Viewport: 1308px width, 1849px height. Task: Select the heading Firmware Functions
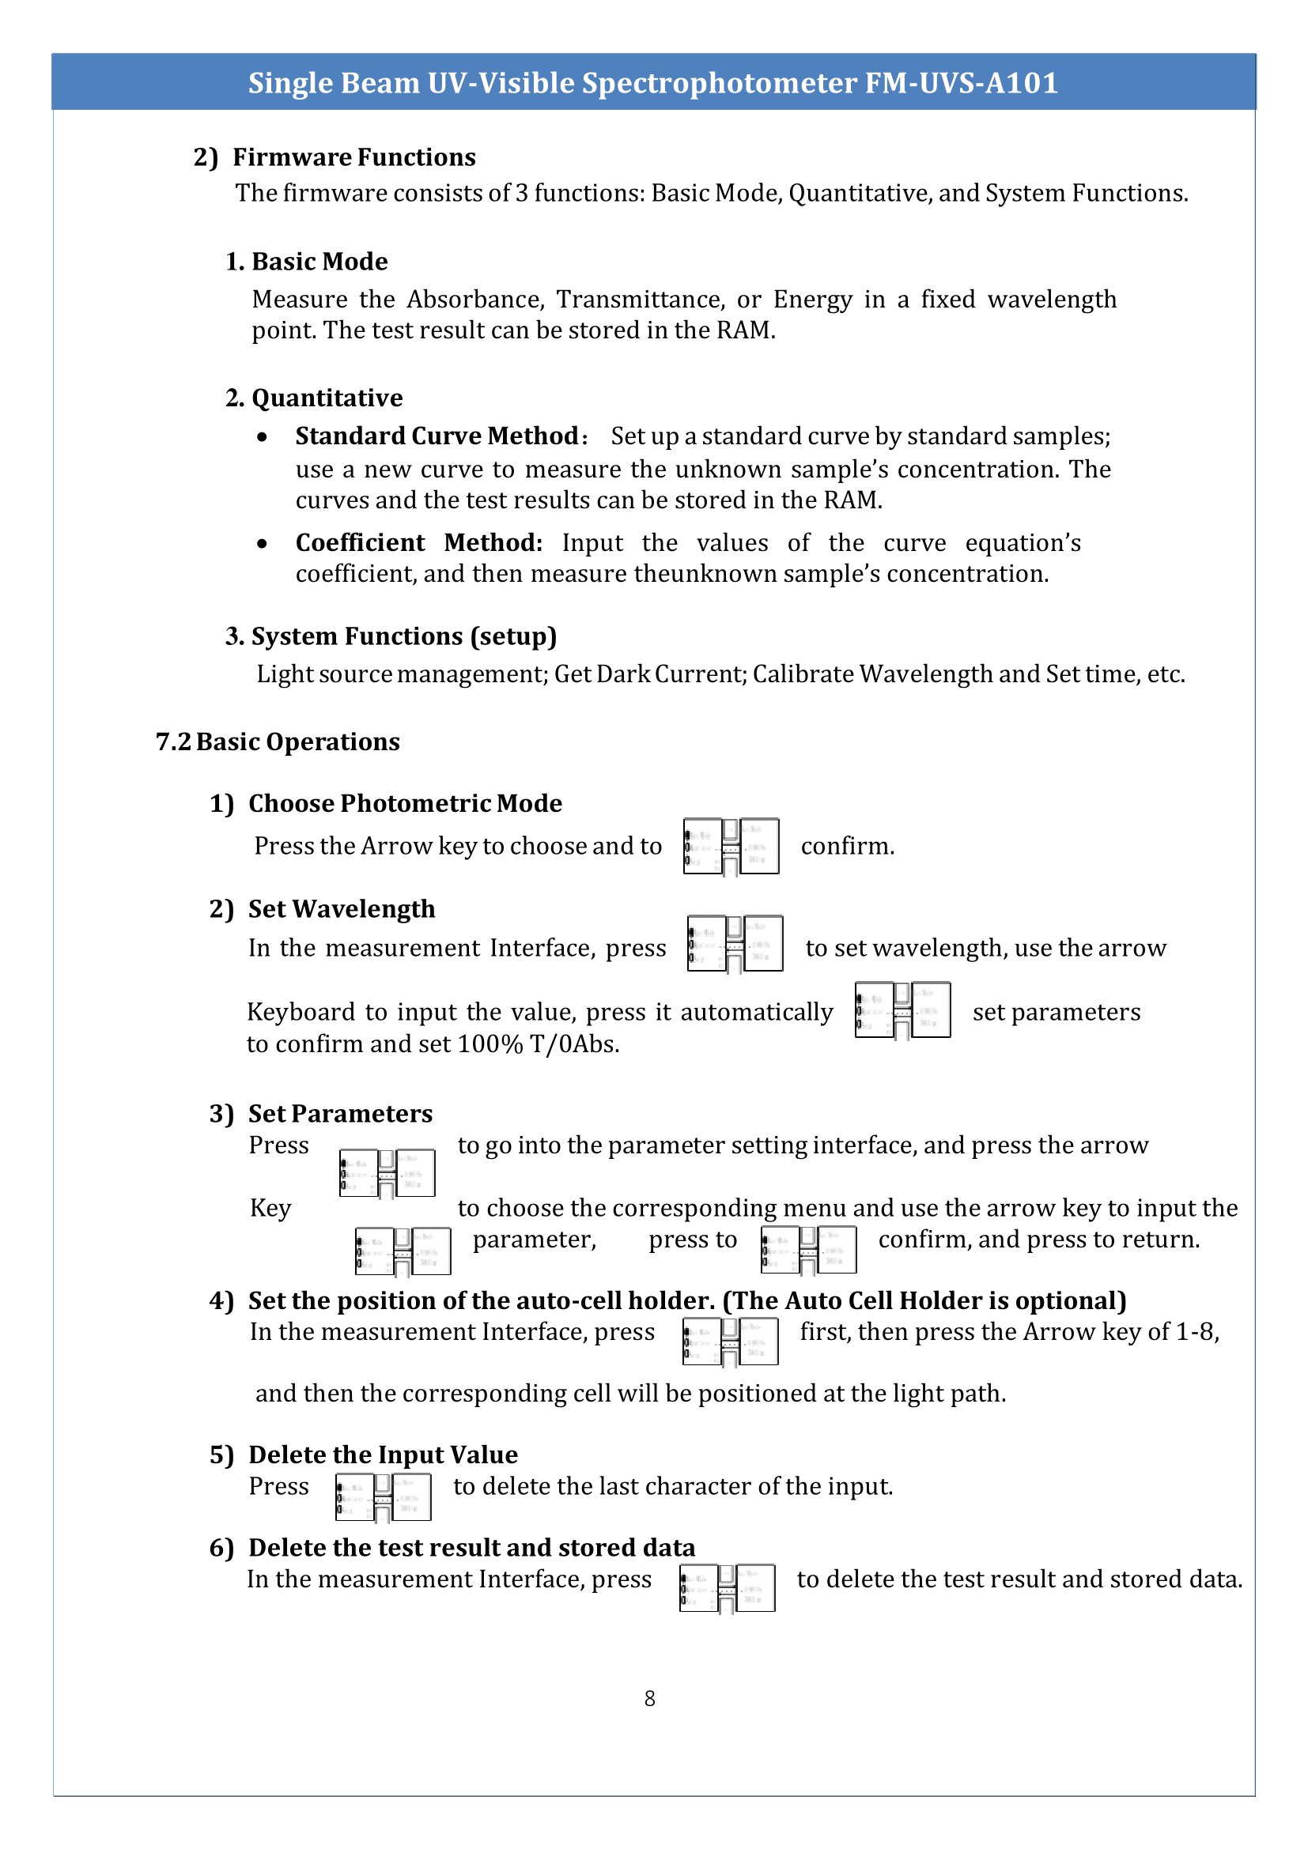(353, 157)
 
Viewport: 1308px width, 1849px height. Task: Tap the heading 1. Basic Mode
(306, 262)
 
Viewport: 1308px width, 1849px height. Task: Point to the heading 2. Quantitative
(314, 398)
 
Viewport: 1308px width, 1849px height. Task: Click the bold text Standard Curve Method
(437, 436)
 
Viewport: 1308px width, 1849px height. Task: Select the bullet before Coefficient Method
(262, 544)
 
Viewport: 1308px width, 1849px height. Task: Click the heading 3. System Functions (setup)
(391, 636)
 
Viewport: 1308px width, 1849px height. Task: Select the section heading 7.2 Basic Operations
(277, 741)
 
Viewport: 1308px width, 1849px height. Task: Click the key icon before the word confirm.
(731, 847)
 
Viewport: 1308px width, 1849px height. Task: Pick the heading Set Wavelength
(341, 909)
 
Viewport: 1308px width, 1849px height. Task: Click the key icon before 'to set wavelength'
(735, 943)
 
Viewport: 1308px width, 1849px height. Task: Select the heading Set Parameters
(340, 1114)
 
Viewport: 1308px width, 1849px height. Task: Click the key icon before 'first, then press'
(730, 1341)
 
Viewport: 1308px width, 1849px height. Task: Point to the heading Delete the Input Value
(383, 1455)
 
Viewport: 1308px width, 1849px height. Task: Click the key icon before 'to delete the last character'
(383, 1498)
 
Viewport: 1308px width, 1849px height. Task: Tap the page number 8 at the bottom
(649, 1698)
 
